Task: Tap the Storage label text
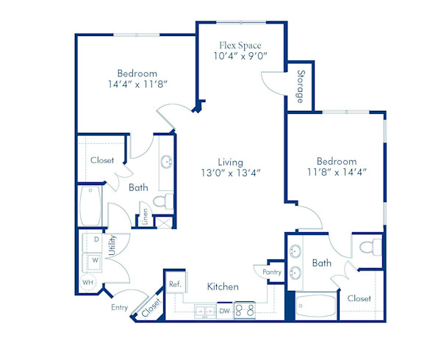tap(301, 85)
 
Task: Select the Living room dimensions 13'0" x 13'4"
tap(230, 173)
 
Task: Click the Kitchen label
tap(222, 286)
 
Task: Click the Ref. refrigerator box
tap(175, 284)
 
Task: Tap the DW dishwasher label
tap(224, 311)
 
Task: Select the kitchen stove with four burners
tap(245, 311)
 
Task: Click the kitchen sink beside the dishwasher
tap(204, 312)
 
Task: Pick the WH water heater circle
tap(88, 282)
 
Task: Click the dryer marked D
tap(96, 240)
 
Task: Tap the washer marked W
tap(96, 259)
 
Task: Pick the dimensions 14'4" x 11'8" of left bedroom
tap(137, 85)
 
